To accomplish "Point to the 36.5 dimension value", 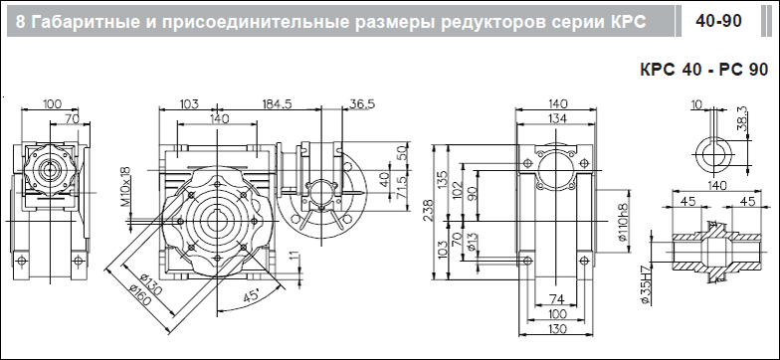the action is coord(362,103).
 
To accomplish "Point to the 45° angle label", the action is coord(252,296).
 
